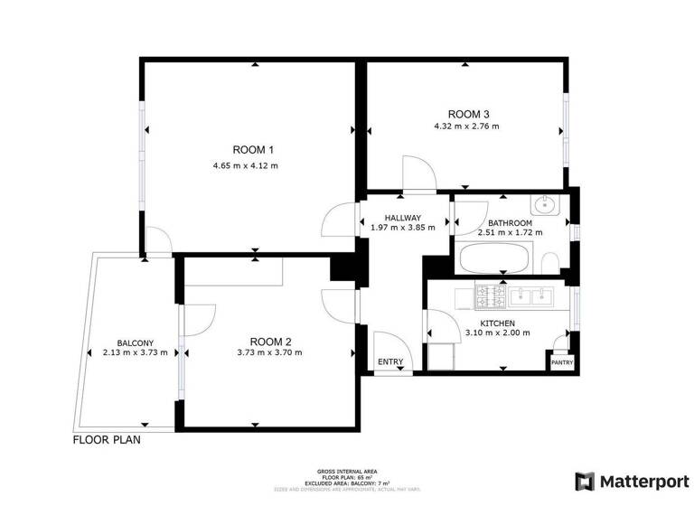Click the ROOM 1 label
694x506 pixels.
click(x=252, y=149)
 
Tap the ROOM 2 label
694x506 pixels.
click(x=270, y=341)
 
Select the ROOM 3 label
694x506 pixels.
click(x=468, y=114)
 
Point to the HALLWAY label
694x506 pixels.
click(x=403, y=218)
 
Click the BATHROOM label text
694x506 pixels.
click(x=510, y=222)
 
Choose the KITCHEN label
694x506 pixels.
click(x=497, y=323)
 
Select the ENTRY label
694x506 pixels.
click(x=390, y=362)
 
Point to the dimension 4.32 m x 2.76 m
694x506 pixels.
click(x=466, y=126)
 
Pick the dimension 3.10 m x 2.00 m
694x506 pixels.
click(x=497, y=333)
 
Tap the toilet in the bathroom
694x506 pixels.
click(x=549, y=262)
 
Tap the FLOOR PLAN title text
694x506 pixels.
click(x=107, y=442)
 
